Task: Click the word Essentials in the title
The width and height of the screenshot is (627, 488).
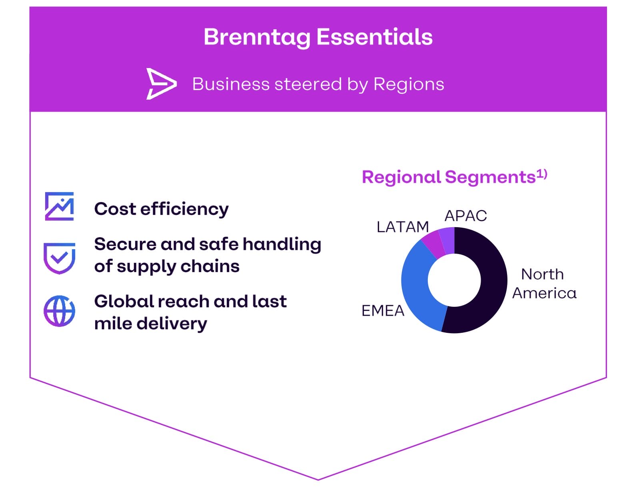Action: [374, 37]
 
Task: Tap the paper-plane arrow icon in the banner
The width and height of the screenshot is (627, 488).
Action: [161, 84]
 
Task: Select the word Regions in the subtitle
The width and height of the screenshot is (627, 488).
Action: [409, 84]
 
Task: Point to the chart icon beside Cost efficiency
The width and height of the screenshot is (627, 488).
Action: [59, 206]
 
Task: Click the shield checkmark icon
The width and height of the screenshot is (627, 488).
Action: [59, 258]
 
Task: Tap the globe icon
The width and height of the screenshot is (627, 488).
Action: [59, 311]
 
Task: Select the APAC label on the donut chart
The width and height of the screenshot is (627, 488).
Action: [465, 216]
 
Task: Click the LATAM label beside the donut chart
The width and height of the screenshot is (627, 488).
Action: [402, 227]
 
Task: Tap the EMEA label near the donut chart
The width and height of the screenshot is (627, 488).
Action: [383, 311]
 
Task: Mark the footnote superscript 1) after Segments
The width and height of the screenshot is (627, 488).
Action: [542, 174]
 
